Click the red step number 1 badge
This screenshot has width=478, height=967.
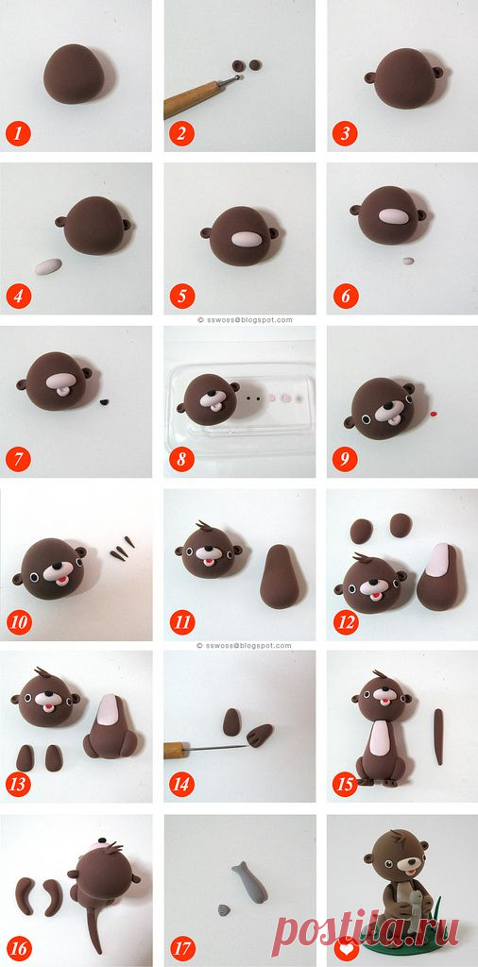(x=19, y=133)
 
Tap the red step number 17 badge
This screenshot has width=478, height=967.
(x=182, y=946)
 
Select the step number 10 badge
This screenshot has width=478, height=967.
(x=19, y=621)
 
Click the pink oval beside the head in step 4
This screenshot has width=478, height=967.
(x=48, y=266)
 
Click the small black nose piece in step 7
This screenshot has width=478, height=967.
(x=104, y=402)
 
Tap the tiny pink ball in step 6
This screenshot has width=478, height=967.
(x=408, y=261)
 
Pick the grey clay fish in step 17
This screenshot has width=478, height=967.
(x=249, y=882)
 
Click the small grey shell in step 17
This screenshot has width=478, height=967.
(x=224, y=909)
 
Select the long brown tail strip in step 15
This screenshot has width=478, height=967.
(x=438, y=737)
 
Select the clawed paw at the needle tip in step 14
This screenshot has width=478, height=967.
(x=261, y=735)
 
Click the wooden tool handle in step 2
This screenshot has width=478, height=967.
(x=190, y=99)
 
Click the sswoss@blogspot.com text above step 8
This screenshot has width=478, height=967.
(x=245, y=320)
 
